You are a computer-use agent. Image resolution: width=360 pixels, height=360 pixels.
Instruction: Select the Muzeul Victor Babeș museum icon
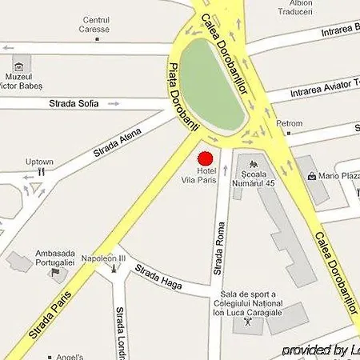(22, 62)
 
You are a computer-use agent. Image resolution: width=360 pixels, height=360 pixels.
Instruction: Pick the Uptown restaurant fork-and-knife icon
(39, 170)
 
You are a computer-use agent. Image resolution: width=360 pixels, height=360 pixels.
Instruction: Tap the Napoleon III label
(104, 258)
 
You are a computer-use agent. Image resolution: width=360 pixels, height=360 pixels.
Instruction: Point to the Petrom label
(289, 124)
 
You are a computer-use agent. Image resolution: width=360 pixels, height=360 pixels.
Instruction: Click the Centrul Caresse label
(96, 24)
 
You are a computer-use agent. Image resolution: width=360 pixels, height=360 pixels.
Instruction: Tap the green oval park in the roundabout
(211, 86)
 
